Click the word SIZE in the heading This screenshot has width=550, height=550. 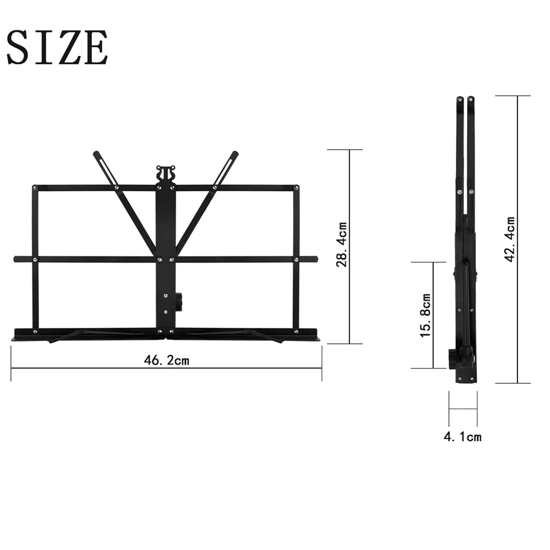[57, 48]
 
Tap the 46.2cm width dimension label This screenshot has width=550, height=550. [166, 360]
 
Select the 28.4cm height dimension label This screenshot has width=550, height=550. [342, 245]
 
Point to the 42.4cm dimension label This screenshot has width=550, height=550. [510, 239]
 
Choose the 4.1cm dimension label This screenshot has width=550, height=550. [463, 437]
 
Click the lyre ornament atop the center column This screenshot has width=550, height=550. [165, 173]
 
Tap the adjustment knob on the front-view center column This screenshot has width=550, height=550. [179, 301]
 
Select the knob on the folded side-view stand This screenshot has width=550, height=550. [452, 359]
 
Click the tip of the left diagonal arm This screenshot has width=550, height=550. [96, 154]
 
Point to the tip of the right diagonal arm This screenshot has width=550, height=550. [235, 154]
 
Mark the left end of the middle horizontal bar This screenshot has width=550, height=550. [16, 258]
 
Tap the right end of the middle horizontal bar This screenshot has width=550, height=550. [315, 258]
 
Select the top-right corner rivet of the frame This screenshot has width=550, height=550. [296, 188]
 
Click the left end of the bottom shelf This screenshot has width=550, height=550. [14, 334]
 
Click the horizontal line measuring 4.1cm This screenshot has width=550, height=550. [463, 409]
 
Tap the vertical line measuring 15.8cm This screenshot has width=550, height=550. [433, 315]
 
